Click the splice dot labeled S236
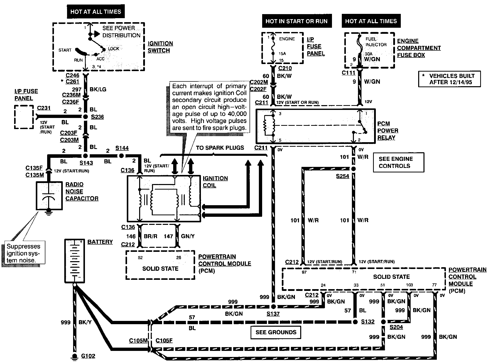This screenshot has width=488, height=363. (85, 117)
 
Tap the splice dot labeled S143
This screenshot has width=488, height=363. (85, 156)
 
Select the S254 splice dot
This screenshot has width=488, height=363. (353, 169)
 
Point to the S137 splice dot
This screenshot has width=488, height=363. (273, 307)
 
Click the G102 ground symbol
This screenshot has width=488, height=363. (75, 356)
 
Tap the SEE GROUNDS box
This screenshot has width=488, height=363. (276, 332)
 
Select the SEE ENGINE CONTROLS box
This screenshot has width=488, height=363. (399, 162)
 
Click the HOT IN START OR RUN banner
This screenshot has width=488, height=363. (296, 21)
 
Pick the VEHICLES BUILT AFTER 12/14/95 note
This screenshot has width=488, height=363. (449, 79)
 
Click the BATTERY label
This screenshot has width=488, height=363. (100, 242)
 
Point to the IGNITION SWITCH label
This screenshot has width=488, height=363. (160, 47)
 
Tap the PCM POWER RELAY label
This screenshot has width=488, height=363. (388, 131)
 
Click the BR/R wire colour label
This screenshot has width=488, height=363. (150, 236)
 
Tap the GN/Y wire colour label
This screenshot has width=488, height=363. (188, 236)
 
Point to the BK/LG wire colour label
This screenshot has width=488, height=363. (98, 89)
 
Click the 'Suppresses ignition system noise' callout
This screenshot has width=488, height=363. (23, 253)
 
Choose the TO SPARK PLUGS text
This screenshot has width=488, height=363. (220, 148)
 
